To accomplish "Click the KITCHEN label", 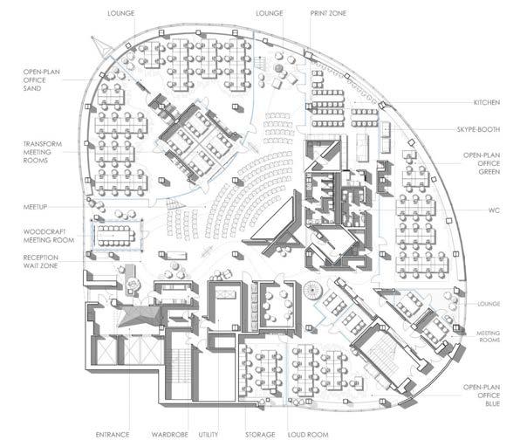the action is (486, 103).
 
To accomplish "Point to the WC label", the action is (493, 210).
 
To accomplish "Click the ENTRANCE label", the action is (113, 434).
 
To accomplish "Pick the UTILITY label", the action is (209, 434).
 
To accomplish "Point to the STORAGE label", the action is (260, 434).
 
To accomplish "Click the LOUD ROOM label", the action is (310, 434).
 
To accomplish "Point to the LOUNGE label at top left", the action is (120, 15).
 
